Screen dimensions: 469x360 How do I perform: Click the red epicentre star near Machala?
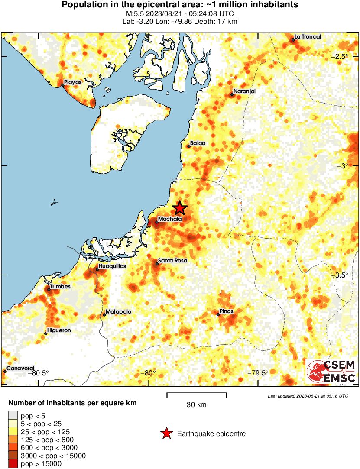point(180,208)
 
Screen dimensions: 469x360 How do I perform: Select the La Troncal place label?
point(308,37)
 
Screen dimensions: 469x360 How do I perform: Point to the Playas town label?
point(72,82)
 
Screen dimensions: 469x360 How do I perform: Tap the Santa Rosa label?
point(172,261)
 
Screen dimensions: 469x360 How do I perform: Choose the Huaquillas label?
point(112,266)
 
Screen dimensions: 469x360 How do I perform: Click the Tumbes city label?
point(60,287)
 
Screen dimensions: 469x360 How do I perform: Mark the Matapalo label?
point(119,312)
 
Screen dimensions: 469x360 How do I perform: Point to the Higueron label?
point(59,330)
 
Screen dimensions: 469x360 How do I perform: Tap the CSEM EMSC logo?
point(331,372)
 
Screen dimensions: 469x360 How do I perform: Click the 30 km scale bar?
point(197,395)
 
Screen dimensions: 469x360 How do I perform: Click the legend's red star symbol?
point(166,433)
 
